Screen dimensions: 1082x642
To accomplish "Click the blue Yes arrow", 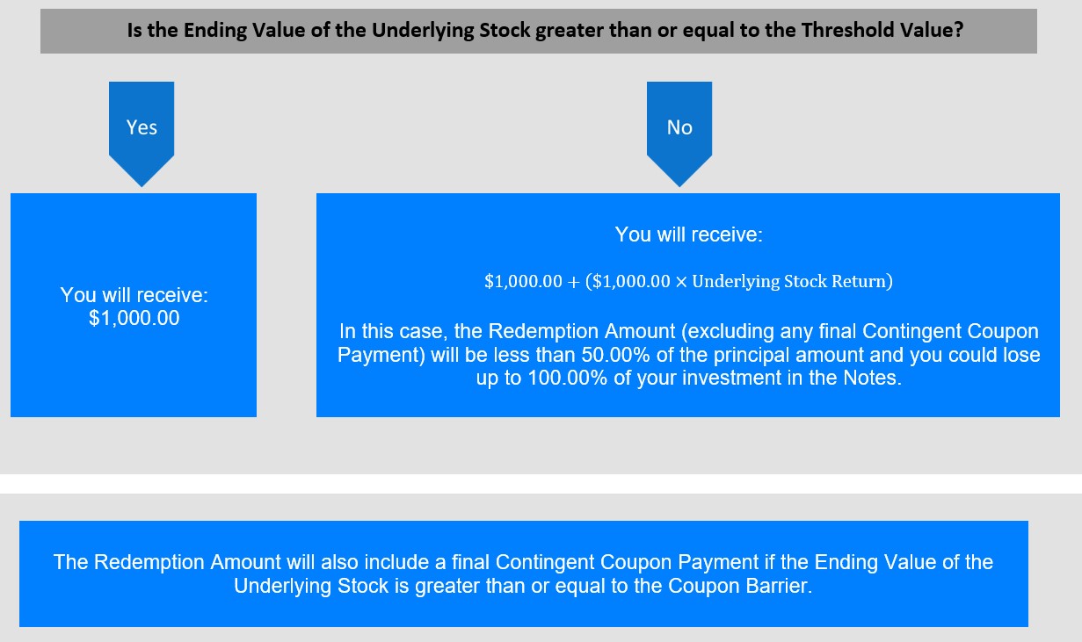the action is click(x=142, y=133).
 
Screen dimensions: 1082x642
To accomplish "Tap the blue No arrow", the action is click(x=679, y=133).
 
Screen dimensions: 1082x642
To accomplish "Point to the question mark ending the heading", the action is click(x=959, y=30).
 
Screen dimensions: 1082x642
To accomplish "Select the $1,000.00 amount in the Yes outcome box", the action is click(x=134, y=318).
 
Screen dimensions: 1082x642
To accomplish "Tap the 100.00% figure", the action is click(x=568, y=378).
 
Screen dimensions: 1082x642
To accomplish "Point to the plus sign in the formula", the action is click(x=573, y=282).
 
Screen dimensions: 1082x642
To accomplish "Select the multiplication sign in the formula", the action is click(x=681, y=282).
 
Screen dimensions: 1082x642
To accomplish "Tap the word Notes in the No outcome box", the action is click(x=872, y=378).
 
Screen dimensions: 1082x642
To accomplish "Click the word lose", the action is click(x=1022, y=355).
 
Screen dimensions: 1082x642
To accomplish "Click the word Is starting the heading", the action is click(x=134, y=30).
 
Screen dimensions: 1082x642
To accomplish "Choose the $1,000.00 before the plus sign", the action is click(x=523, y=281).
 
